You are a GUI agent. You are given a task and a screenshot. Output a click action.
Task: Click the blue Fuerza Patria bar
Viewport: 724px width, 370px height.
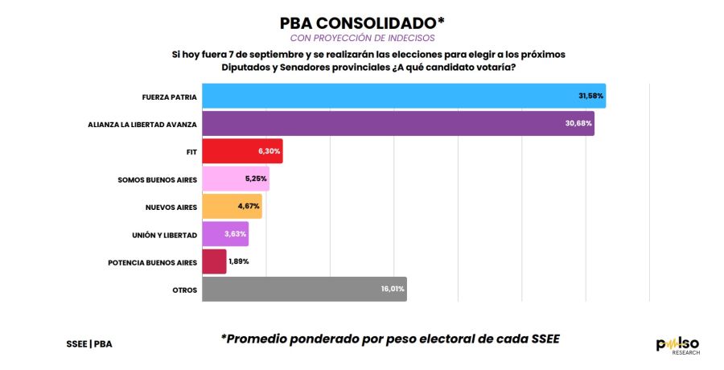pyautogui.click(x=402, y=96)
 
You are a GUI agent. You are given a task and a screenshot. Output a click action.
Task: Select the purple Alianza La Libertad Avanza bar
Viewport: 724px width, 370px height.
pyautogui.click(x=397, y=123)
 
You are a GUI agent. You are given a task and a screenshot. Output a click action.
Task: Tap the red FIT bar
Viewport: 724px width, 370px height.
pyautogui.click(x=241, y=151)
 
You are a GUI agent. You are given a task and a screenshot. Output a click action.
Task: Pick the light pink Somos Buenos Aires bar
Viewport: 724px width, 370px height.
pyautogui.click(x=235, y=179)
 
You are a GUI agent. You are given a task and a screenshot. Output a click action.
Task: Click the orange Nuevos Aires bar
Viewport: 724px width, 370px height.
pyautogui.click(x=232, y=207)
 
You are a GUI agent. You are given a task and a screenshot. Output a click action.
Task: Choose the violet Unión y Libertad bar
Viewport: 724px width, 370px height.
pyautogui.click(x=225, y=234)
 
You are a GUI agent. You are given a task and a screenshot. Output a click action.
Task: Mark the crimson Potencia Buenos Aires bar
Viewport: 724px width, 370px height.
pyautogui.click(x=214, y=261)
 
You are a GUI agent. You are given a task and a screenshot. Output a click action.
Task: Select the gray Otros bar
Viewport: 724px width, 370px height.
pyautogui.click(x=303, y=290)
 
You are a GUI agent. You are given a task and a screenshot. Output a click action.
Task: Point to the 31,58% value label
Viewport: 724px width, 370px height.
pyautogui.click(x=591, y=96)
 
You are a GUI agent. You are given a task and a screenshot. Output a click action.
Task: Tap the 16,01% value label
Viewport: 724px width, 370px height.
pyautogui.click(x=393, y=290)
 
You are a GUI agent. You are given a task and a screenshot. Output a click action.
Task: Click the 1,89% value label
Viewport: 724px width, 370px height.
pyautogui.click(x=239, y=261)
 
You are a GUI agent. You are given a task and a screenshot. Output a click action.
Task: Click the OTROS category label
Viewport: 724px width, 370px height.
pyautogui.click(x=184, y=290)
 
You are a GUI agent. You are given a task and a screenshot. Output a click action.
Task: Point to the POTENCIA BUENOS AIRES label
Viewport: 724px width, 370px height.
pyautogui.click(x=152, y=262)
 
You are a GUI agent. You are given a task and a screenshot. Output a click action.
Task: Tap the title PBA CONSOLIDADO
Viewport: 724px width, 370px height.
pyautogui.click(x=362, y=23)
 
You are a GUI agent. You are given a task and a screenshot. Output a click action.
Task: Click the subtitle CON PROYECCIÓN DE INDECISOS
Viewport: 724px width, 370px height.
pyautogui.click(x=362, y=38)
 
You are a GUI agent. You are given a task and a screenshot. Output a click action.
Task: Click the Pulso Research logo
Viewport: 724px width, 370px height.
pyautogui.click(x=677, y=345)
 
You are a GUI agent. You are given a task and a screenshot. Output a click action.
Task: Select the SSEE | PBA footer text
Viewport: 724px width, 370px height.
pyautogui.click(x=88, y=343)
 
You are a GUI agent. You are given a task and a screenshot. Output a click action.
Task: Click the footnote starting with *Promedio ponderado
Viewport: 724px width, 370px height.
pyautogui.click(x=389, y=339)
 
